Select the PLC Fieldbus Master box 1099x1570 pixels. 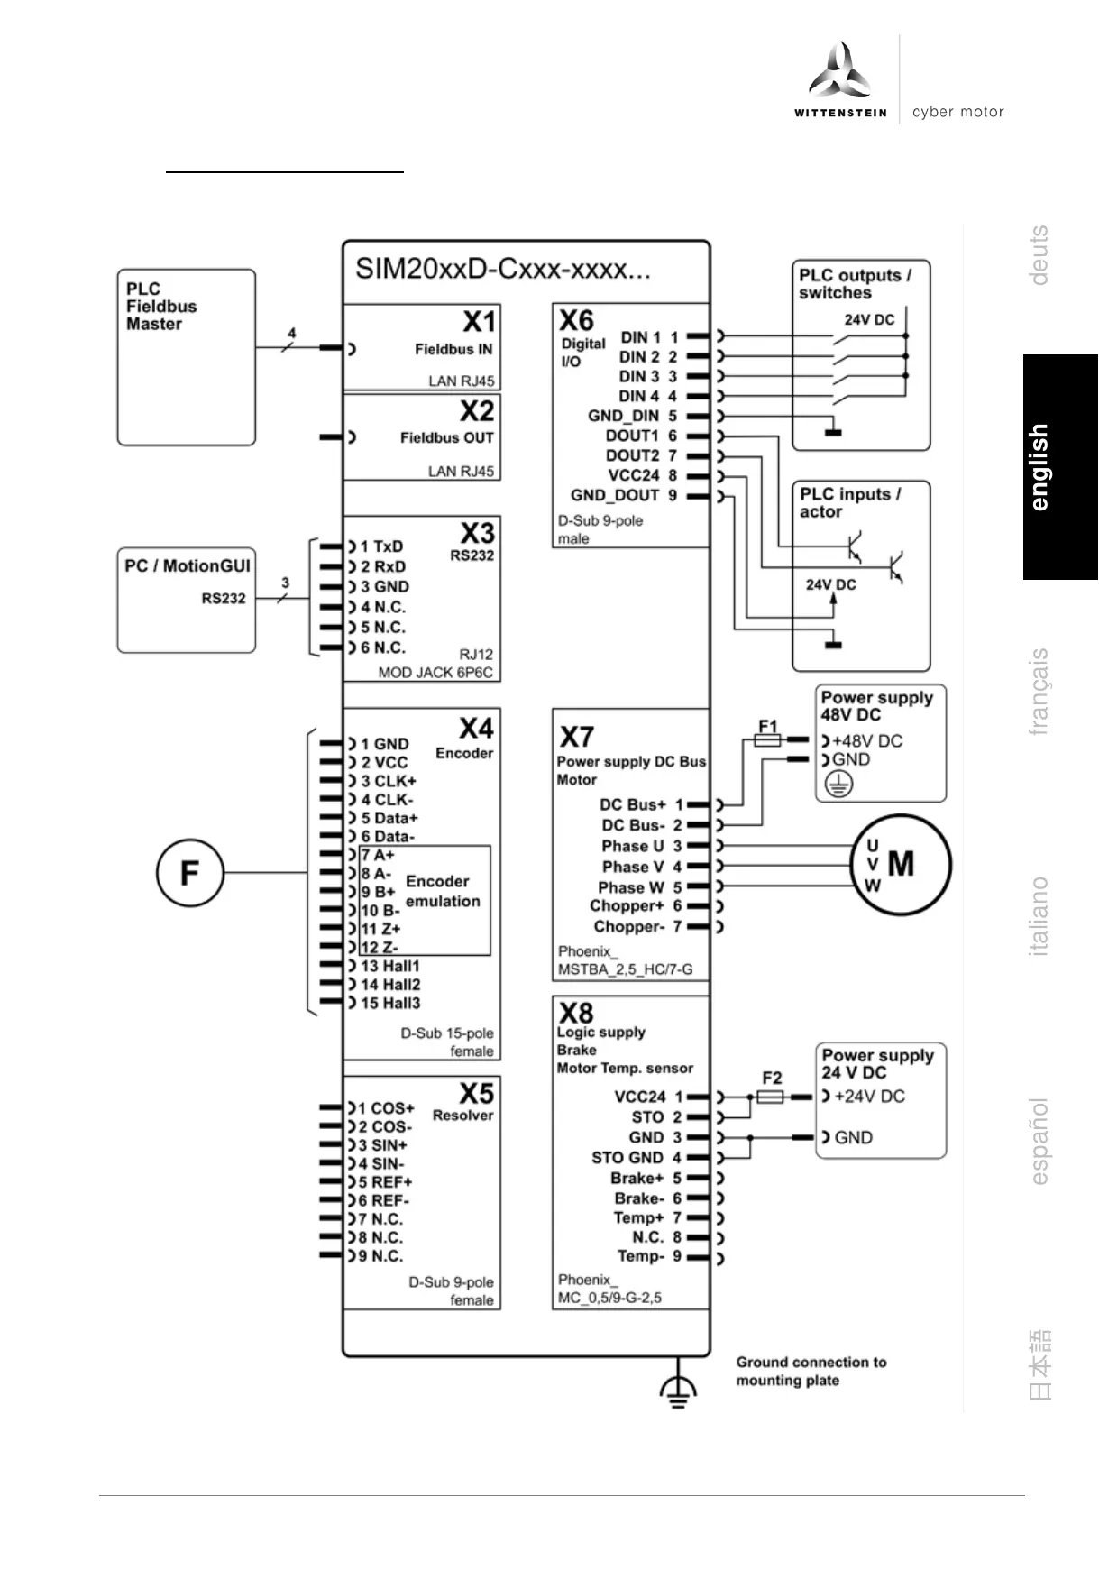click(x=186, y=356)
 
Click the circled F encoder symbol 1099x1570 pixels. click(x=189, y=873)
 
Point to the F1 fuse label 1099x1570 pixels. click(x=768, y=725)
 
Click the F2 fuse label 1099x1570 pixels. click(x=772, y=1078)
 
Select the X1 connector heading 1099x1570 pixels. click(x=479, y=322)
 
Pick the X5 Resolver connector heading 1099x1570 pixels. click(x=476, y=1093)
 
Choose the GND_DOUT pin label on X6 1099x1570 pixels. click(x=615, y=495)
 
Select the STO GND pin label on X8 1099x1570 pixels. click(x=627, y=1158)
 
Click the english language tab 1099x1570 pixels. click(x=1040, y=467)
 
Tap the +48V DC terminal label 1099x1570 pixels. click(x=866, y=741)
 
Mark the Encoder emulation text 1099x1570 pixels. click(x=442, y=891)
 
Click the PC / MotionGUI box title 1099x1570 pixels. click(x=188, y=566)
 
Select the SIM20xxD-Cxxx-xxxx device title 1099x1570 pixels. click(x=502, y=270)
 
